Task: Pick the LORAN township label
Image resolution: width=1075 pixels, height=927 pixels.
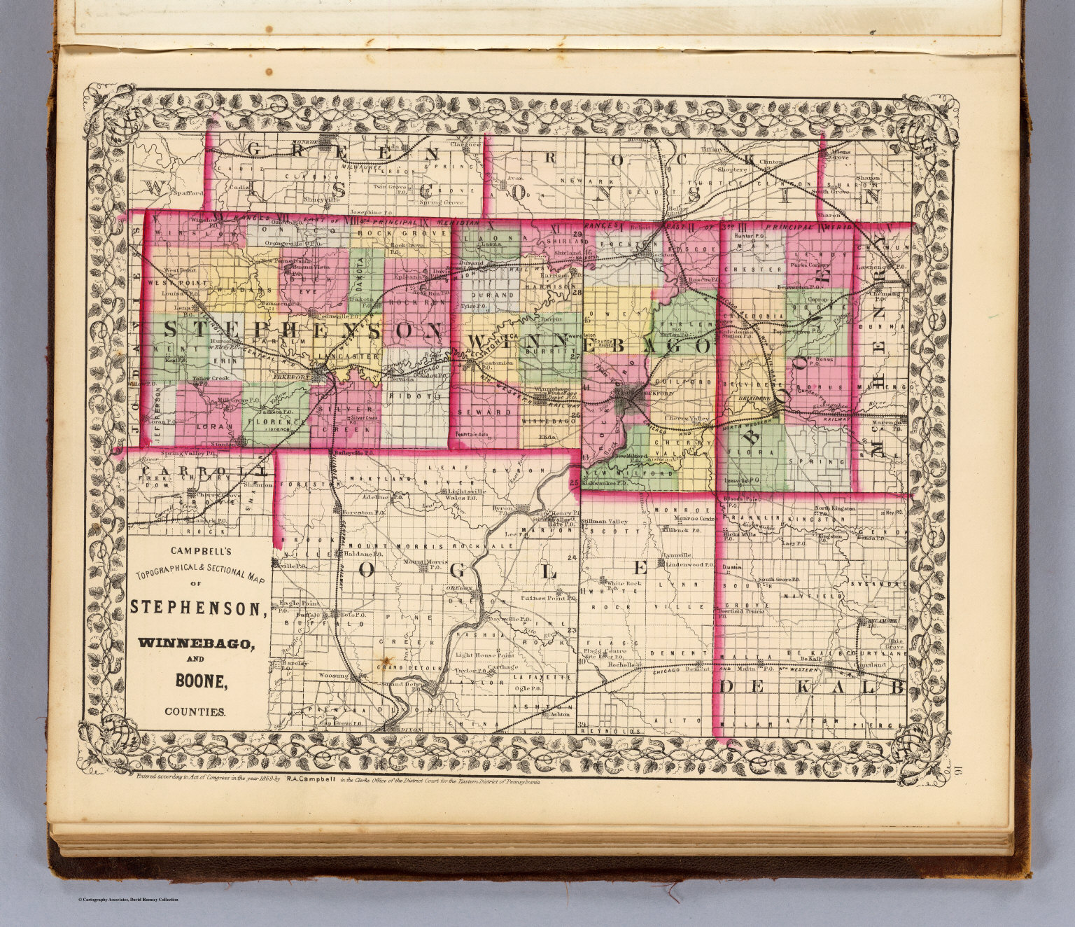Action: pyautogui.click(x=207, y=425)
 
